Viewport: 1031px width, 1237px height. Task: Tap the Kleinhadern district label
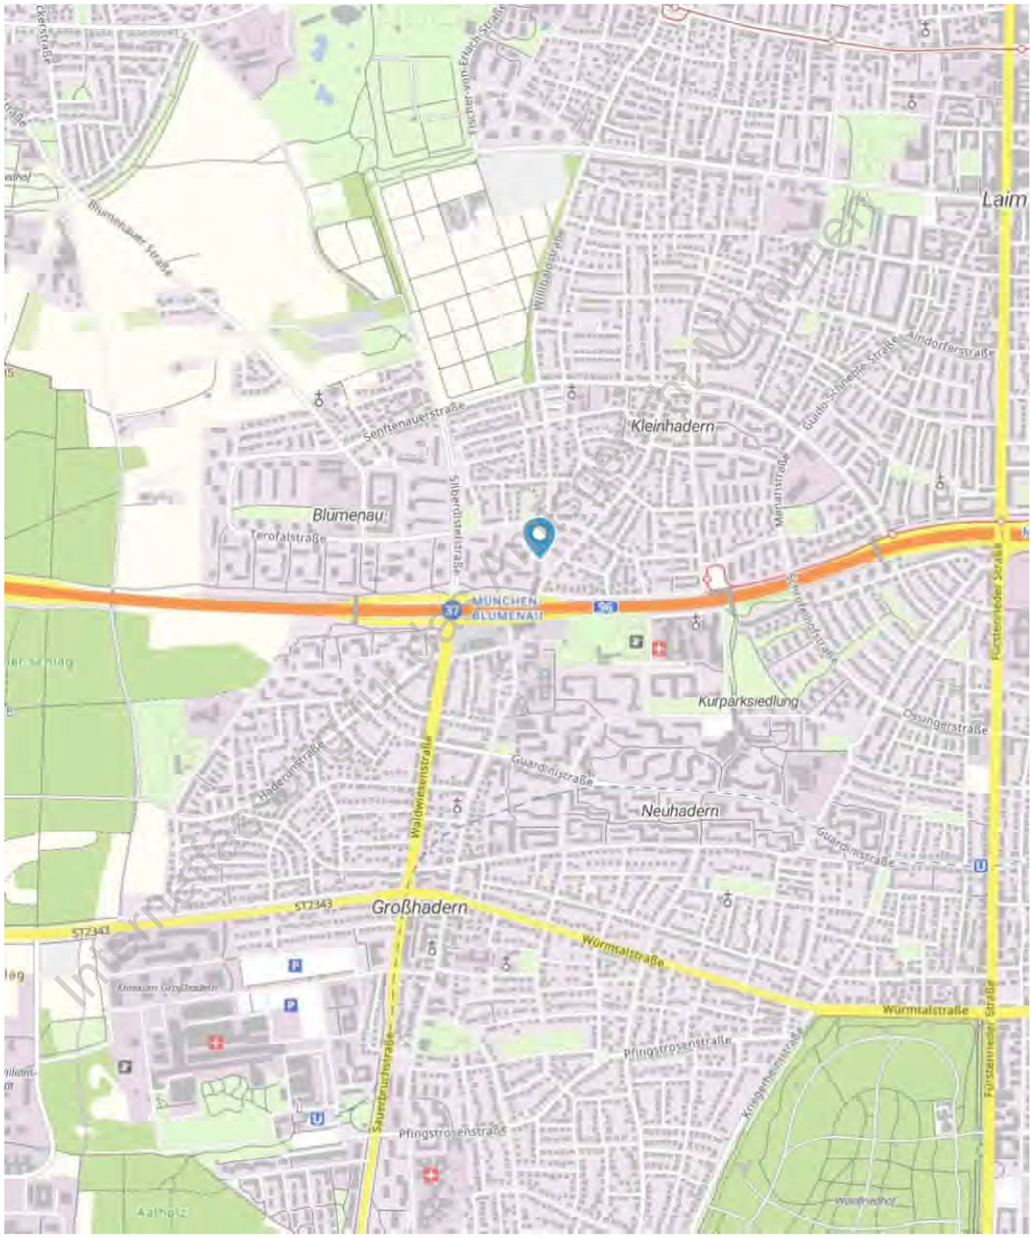pos(672,425)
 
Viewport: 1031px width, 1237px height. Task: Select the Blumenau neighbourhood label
pos(348,515)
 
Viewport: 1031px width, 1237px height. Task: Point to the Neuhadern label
pos(680,811)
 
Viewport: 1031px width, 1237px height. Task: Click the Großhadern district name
pos(419,908)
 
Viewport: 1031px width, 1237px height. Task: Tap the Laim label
pos(1004,200)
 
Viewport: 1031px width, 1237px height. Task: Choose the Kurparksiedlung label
pos(748,702)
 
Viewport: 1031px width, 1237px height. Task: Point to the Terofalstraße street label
pos(288,537)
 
